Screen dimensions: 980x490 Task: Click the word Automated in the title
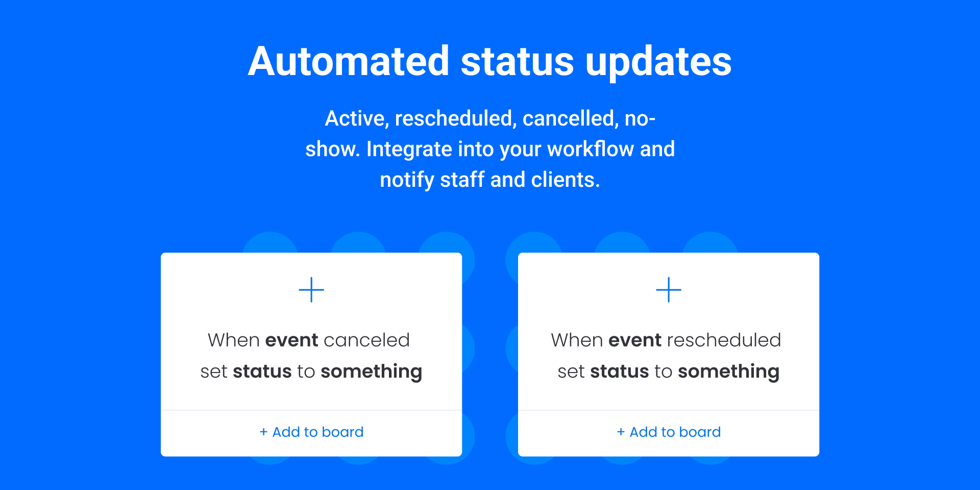point(349,61)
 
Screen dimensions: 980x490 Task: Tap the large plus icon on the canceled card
point(311,290)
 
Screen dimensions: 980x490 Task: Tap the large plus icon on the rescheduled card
point(669,290)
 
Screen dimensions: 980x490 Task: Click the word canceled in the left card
point(366,340)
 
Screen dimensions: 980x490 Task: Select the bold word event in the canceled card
point(292,340)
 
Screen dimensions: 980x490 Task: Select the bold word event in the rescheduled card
point(635,340)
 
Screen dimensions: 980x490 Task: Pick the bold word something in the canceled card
point(372,372)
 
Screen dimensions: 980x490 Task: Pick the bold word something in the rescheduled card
point(729,372)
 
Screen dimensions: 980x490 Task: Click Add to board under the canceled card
point(311,432)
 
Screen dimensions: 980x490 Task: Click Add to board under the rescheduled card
point(669,432)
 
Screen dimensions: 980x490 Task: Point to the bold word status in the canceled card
point(262,371)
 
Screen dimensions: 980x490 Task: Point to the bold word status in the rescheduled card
point(620,371)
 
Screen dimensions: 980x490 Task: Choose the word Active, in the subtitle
point(357,119)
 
